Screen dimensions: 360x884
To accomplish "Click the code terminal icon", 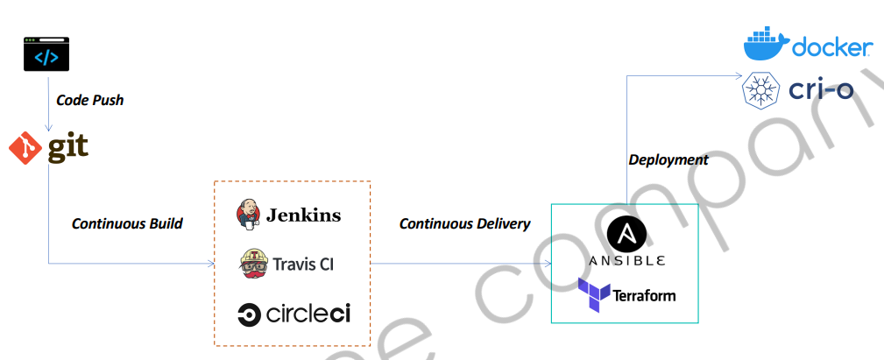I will [x=46, y=53].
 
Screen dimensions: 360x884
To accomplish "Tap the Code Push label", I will [x=89, y=100].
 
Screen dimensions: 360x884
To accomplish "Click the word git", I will [x=67, y=147].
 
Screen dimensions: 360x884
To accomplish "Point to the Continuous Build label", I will [x=127, y=223].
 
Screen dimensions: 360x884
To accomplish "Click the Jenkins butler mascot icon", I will [x=249, y=215].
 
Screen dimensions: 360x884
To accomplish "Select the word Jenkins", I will [x=303, y=215].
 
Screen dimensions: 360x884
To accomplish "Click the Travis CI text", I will [x=303, y=264].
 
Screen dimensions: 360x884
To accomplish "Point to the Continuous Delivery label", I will [x=464, y=223].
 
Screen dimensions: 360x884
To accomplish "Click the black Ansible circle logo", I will [x=626, y=235].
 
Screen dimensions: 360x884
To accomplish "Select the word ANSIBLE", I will [x=626, y=260].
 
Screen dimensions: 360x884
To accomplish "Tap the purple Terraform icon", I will [x=592, y=295].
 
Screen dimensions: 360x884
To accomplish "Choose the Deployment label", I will [x=668, y=159].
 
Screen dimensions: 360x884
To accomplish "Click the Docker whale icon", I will [x=765, y=44].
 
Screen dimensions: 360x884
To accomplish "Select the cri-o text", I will [x=821, y=90].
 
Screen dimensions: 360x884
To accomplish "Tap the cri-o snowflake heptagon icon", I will [x=762, y=91].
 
